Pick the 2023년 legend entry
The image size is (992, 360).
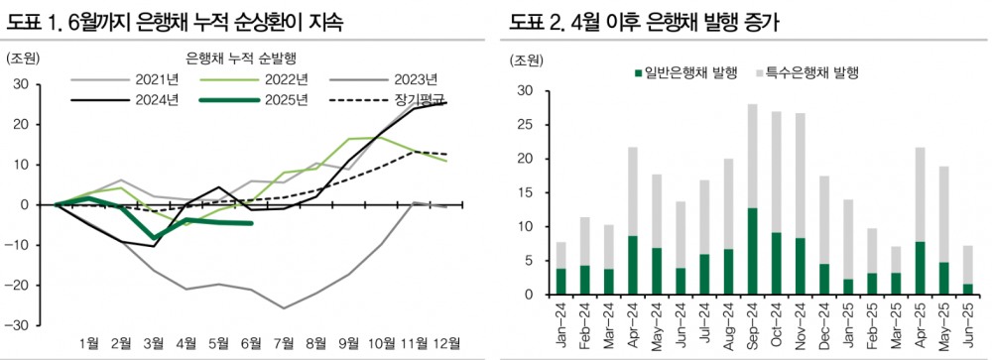413,78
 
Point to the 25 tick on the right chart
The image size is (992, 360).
527,125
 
